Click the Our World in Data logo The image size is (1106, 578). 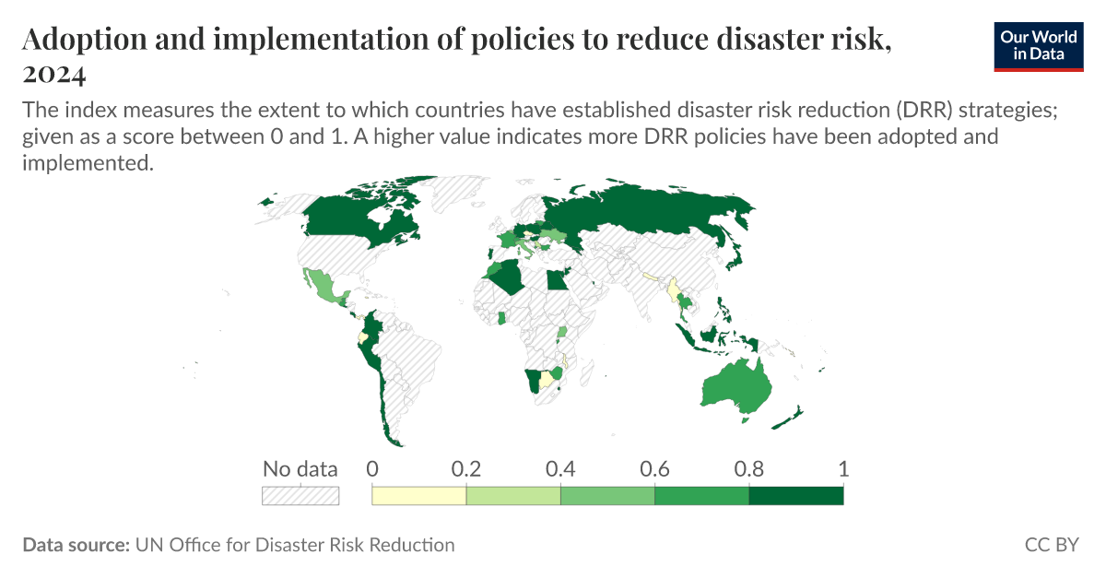1040,45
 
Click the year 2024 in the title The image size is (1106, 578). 54,73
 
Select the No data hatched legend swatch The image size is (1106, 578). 300,496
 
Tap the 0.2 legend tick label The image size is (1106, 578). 466,468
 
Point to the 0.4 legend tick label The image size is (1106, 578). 560,468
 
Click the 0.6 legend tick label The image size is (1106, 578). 654,468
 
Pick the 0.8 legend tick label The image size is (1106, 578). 748,468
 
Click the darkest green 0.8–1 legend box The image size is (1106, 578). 795,496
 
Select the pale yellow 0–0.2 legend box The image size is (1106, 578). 418,496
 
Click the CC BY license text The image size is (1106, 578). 1052,545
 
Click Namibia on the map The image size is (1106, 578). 532,381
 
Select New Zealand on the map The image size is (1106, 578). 790,417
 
